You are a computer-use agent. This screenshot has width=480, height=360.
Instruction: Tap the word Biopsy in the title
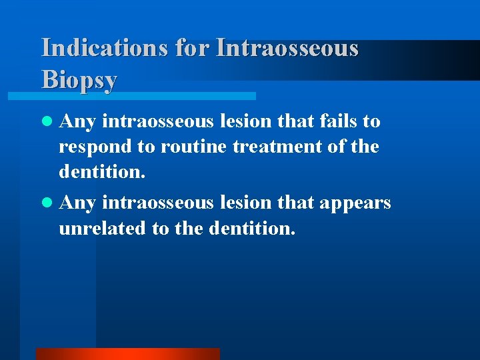(x=79, y=79)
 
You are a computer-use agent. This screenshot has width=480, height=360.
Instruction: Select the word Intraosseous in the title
(x=287, y=48)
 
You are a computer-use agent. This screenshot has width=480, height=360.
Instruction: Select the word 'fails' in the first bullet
(x=337, y=121)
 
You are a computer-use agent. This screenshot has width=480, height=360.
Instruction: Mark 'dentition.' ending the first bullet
(x=101, y=172)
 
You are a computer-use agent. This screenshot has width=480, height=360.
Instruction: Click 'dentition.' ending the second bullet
(x=251, y=228)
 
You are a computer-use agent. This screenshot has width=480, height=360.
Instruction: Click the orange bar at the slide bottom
(x=127, y=354)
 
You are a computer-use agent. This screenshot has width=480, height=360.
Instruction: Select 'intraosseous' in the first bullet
(x=159, y=121)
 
